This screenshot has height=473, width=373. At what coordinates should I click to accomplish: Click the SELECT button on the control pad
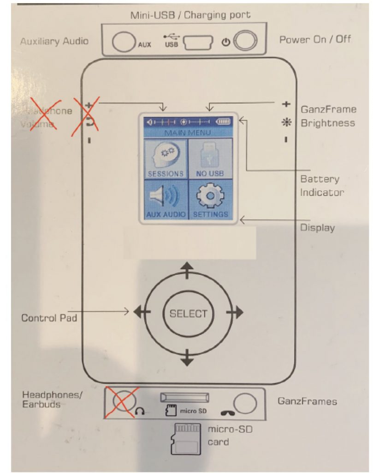[x=188, y=314]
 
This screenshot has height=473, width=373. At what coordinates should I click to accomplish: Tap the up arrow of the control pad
[x=187, y=270]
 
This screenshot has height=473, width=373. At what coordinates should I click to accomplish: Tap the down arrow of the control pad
[x=187, y=357]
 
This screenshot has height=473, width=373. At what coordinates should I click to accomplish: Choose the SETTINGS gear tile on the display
[x=210, y=200]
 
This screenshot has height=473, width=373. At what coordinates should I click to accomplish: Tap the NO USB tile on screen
[x=210, y=158]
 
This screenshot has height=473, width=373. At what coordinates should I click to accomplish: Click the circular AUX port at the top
[x=123, y=42]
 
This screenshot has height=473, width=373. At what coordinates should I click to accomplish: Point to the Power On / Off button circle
[x=245, y=42]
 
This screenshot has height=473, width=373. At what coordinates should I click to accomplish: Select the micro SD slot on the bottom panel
[x=184, y=397]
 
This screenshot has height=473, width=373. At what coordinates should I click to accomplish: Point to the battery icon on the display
[x=225, y=122]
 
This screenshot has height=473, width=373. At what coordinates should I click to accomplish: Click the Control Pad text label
[x=49, y=318]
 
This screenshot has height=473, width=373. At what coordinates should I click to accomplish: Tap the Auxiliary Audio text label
[x=54, y=41]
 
